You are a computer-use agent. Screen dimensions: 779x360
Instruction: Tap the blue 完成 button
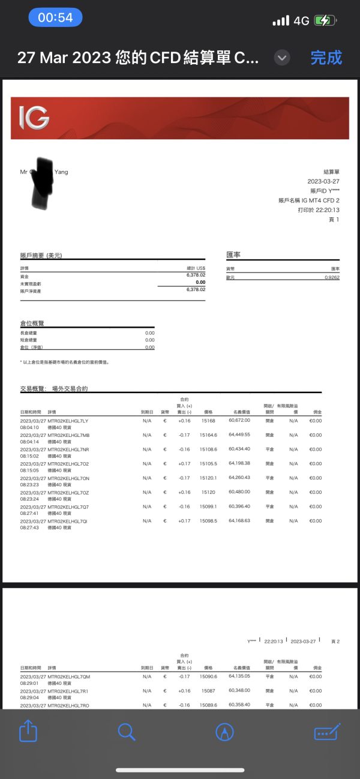[326, 58]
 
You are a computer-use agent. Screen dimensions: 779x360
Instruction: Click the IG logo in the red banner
[34, 118]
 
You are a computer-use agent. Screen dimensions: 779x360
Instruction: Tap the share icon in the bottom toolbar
[28, 731]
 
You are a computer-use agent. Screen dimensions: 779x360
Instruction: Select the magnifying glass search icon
[127, 731]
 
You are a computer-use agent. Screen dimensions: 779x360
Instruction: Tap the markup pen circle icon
[224, 731]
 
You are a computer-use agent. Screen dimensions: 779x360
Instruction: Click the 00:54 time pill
[55, 17]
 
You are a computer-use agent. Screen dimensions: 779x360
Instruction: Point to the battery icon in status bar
[325, 20]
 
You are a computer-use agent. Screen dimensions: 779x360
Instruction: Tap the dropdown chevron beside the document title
[282, 58]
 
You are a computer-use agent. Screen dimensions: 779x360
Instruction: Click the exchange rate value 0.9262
[331, 278]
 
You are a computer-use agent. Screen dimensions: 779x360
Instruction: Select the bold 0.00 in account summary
[200, 282]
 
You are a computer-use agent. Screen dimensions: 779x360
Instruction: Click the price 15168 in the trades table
[208, 421]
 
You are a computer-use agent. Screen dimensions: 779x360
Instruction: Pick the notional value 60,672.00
[239, 420]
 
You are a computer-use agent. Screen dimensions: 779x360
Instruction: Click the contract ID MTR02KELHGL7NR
[68, 450]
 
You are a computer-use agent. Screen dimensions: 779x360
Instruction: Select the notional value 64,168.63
[239, 520]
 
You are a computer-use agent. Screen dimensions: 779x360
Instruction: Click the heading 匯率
[233, 255]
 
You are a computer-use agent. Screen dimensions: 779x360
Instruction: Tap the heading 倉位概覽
[32, 323]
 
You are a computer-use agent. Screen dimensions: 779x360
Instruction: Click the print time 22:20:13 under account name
[328, 210]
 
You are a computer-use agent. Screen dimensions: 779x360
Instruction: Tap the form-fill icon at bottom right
[327, 731]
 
